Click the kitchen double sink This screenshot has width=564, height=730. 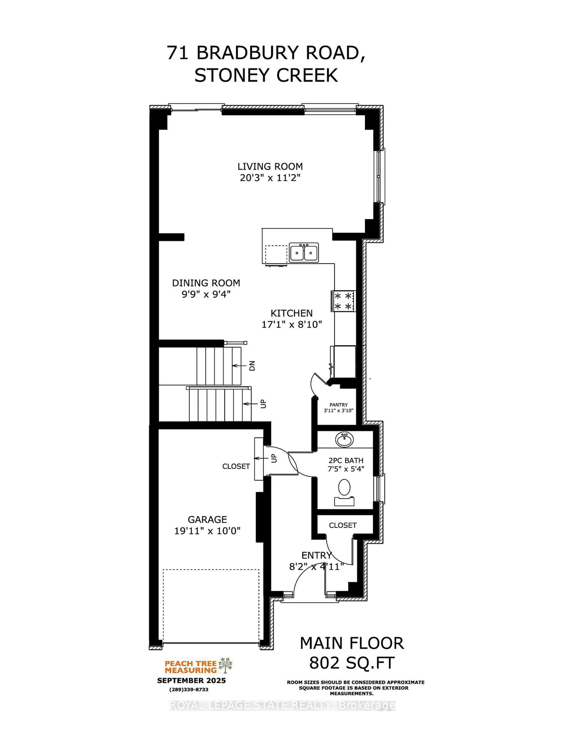[304, 253]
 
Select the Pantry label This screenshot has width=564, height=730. [338, 405]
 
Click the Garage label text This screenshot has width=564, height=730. [207, 519]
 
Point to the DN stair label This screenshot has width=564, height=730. [252, 366]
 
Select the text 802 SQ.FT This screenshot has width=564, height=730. [352, 663]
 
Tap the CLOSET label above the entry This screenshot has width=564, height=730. [343, 525]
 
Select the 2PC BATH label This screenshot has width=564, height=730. [345, 461]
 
